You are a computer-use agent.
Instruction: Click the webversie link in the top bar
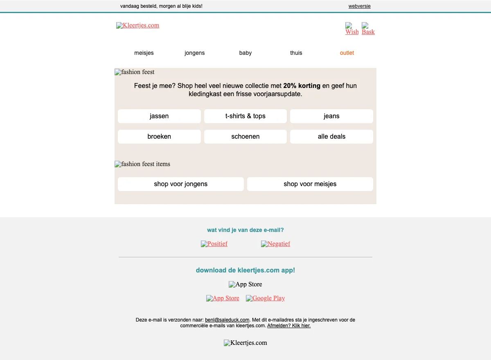point(359,6)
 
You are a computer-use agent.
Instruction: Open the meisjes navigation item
point(144,53)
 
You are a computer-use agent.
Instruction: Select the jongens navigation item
point(195,53)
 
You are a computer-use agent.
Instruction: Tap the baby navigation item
point(245,53)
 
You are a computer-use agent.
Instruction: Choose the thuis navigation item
point(296,53)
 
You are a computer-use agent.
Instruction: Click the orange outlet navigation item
point(347,53)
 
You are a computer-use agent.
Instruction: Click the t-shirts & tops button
point(245,116)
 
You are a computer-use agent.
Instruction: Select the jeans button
point(331,116)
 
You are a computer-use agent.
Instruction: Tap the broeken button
point(159,137)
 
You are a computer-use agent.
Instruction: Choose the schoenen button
point(245,137)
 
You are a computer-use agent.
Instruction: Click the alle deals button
point(331,137)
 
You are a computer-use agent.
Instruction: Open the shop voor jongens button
point(181,184)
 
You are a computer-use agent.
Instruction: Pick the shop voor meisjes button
point(310,184)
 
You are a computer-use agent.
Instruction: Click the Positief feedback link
point(214,244)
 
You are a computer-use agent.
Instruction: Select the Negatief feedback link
point(276,244)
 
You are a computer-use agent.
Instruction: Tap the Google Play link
point(266,298)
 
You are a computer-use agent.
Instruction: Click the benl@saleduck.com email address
point(227,320)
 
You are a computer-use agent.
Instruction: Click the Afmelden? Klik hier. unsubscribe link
point(289,326)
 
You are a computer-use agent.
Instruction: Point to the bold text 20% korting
point(302,86)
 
